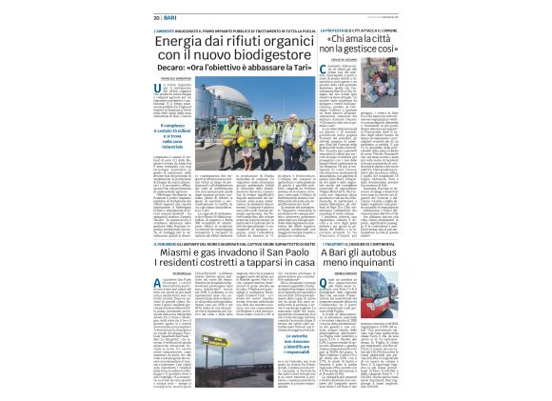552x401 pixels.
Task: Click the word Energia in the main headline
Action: point(158,41)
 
